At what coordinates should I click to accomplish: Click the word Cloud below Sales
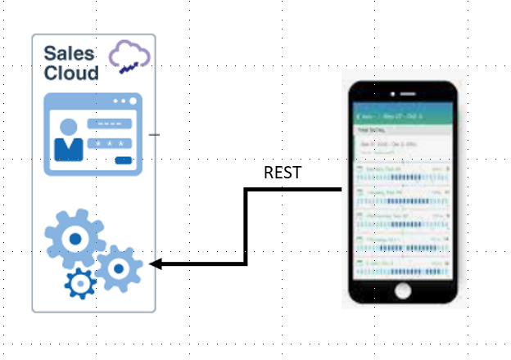(71, 73)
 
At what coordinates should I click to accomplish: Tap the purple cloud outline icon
(129, 53)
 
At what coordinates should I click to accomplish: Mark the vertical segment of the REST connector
(246, 227)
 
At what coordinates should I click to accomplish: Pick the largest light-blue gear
(75, 238)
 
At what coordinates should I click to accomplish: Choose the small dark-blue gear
(81, 284)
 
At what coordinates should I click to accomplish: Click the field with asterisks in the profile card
(111, 143)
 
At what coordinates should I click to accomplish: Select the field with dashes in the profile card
(109, 124)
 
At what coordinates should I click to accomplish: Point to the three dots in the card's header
(124, 101)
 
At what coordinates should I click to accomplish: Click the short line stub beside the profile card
(155, 134)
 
